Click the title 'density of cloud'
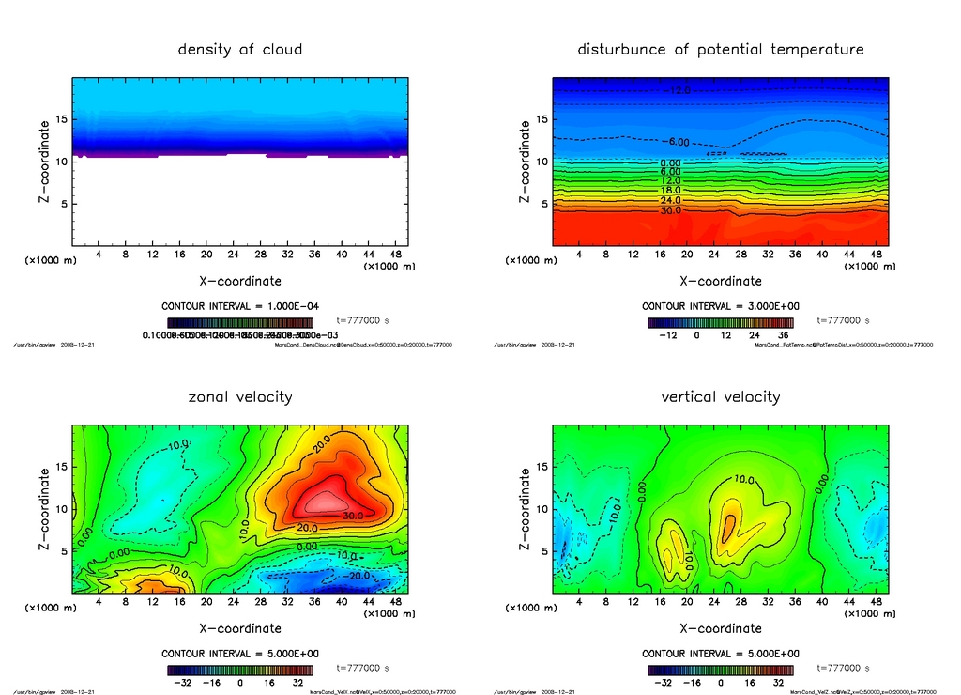240,49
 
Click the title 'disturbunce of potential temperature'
720,49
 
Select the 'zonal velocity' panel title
240,396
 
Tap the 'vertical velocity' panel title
720,396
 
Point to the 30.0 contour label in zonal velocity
351,516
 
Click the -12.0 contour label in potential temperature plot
677,90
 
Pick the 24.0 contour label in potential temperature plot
670,200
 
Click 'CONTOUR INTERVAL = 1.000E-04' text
240,306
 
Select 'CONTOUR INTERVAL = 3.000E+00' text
720,306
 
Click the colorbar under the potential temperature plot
720,322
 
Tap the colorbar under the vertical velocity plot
720,671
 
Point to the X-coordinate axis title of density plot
240,280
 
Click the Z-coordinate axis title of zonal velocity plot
45,509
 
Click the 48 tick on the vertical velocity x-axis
876,602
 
